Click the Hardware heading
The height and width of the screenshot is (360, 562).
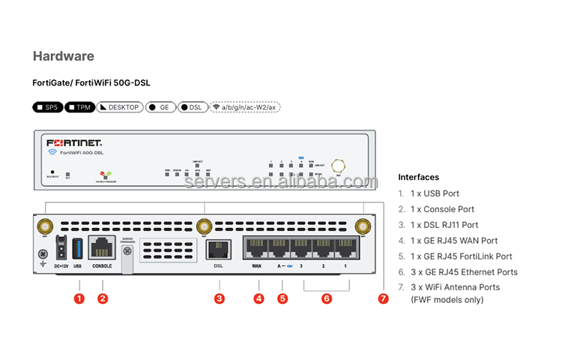64,56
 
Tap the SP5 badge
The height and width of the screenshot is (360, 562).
47,107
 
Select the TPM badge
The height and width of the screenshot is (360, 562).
80,107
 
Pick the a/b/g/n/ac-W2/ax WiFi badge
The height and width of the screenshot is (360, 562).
245,107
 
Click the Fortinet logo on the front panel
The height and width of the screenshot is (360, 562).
74,142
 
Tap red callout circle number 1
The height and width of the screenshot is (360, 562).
79,298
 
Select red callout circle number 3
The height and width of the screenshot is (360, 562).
220,298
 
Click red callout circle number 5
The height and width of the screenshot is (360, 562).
282,298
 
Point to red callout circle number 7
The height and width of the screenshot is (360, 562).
384,298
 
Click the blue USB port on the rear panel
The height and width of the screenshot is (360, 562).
77,248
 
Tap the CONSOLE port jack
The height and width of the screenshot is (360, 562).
102,248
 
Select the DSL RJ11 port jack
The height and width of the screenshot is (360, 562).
219,250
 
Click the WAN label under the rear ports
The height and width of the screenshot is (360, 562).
257,266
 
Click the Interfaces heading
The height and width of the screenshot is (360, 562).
418,177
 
